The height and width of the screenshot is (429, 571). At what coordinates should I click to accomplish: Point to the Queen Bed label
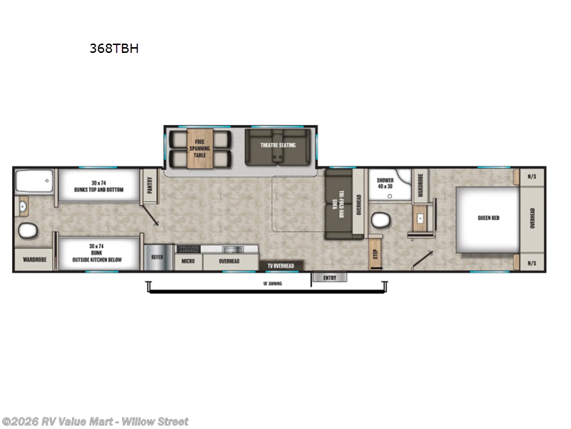click(489, 218)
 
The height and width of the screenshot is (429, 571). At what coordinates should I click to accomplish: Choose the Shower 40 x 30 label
click(385, 183)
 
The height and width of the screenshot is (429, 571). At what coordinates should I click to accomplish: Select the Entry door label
click(329, 277)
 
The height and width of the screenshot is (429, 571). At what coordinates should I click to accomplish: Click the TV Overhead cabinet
click(281, 266)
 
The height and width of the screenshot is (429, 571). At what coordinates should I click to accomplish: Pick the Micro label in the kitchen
click(188, 262)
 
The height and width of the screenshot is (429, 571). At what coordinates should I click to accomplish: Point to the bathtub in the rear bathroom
click(34, 182)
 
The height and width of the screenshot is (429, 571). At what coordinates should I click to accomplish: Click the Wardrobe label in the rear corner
click(34, 260)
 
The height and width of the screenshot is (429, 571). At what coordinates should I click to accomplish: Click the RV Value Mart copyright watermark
click(95, 421)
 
